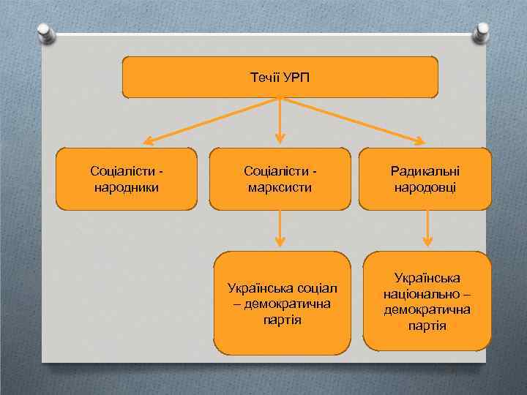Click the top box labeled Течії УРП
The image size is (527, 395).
pos(280,78)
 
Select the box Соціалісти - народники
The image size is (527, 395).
pos(127,179)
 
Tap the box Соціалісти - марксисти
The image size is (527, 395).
pos(280,179)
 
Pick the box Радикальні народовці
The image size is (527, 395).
pos(426,179)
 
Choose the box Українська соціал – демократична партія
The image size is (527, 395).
pos(282,303)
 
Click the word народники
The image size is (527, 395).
pos(127,187)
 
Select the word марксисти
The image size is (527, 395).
pos(280,187)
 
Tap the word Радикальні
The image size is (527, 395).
pos(426,171)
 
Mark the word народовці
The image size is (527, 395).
pos(426,187)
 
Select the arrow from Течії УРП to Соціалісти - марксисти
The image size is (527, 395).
pos(280,121)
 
